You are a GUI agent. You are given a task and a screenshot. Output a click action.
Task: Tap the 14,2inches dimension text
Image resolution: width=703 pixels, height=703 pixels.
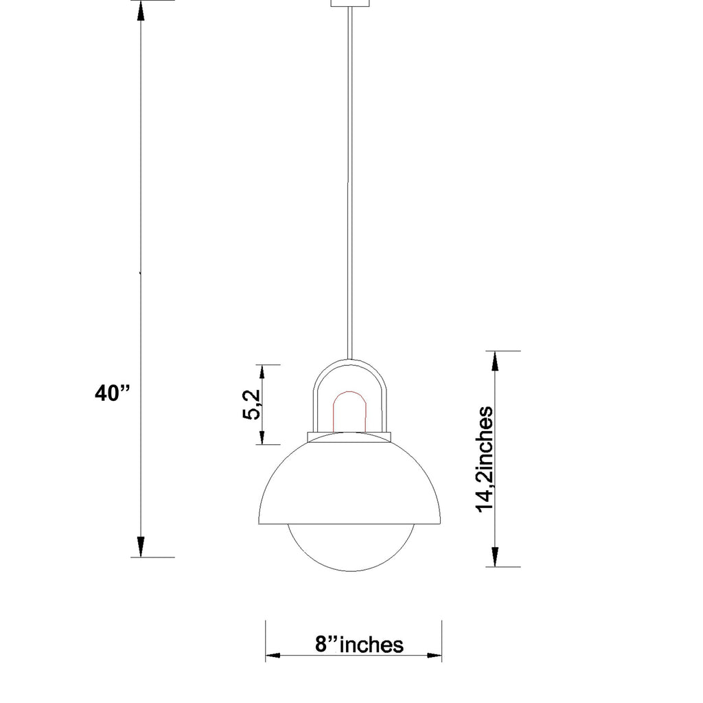[x=486, y=459]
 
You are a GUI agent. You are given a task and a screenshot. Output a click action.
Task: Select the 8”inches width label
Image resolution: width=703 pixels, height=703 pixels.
[x=359, y=645]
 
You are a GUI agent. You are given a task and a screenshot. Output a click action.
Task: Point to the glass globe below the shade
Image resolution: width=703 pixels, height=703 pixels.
[x=351, y=549]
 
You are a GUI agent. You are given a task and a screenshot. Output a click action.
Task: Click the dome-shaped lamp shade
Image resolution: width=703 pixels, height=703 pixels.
[x=351, y=484]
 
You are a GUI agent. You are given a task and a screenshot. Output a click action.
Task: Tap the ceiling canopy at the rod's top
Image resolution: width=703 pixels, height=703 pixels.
[x=351, y=3]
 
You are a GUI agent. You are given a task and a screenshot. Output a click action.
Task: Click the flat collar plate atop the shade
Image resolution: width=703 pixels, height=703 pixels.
[x=349, y=437]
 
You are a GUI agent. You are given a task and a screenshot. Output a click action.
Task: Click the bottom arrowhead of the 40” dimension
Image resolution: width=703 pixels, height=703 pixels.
[x=141, y=546]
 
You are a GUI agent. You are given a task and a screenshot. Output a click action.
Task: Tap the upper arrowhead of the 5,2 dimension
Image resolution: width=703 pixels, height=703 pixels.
[x=262, y=374]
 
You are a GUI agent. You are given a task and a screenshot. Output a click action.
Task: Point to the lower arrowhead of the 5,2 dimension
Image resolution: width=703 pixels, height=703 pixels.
[x=262, y=435]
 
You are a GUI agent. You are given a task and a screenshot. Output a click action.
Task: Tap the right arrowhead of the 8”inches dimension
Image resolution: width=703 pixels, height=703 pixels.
[x=433, y=656]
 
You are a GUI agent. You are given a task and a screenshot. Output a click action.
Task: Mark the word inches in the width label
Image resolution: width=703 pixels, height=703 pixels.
[x=371, y=645]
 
